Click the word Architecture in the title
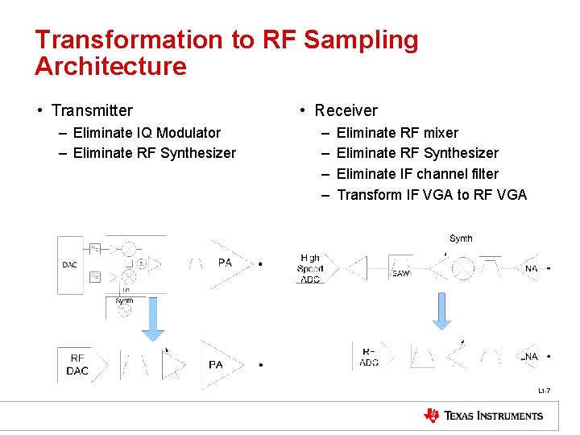click(x=110, y=66)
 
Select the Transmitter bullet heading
click(x=91, y=110)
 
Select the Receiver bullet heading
click(x=346, y=110)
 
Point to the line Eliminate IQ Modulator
click(x=147, y=132)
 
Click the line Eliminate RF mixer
click(x=397, y=132)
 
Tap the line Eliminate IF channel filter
click(x=417, y=173)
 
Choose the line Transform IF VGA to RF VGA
click(x=431, y=194)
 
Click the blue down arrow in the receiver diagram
click(x=442, y=311)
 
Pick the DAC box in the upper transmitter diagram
click(x=70, y=264)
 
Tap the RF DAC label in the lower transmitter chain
click(x=77, y=365)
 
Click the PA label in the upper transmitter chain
click(x=226, y=263)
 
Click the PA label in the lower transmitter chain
click(x=216, y=365)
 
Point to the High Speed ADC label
click(x=310, y=268)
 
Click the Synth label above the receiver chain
click(x=461, y=238)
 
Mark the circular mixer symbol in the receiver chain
click(x=463, y=268)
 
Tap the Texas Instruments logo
click(x=483, y=416)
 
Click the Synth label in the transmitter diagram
click(x=124, y=300)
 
